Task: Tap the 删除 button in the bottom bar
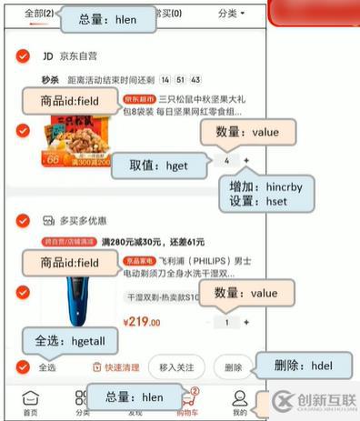pos(234,366)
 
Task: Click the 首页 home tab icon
pos(30,403)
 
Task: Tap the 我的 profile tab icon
pos(239,403)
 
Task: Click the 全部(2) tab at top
pos(38,14)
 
